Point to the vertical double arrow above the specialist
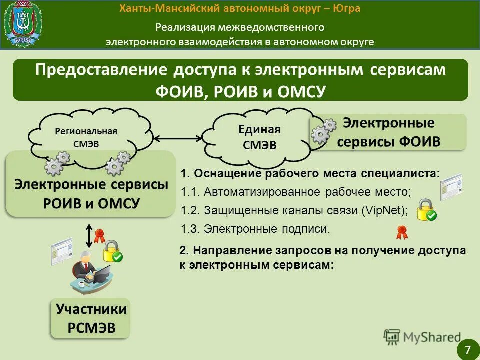[x=89, y=235]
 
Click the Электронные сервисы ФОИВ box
[x=388, y=132]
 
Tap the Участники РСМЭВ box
[x=91, y=317]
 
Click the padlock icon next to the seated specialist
[x=112, y=251]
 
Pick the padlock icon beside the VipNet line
[x=426, y=210]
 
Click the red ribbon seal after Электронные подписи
[x=401, y=232]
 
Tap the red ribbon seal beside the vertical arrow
[x=99, y=234]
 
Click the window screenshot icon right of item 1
[x=451, y=187]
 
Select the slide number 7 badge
[x=468, y=348]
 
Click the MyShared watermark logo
[x=422, y=337]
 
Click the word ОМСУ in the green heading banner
[x=299, y=92]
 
